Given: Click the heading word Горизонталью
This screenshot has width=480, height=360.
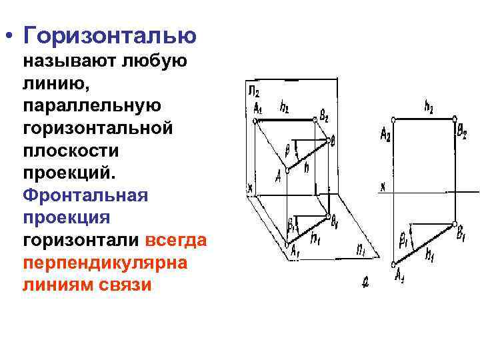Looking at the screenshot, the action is coord(109,35).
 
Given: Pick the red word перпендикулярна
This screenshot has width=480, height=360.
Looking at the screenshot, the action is coord(105,263).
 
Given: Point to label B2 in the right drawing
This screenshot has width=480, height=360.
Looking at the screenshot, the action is coord(461,131).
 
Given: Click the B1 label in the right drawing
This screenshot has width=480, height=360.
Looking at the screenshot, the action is coord(461,233).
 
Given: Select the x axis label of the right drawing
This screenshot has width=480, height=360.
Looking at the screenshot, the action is coord(383,187).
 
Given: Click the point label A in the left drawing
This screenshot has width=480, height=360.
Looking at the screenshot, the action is coord(278,175).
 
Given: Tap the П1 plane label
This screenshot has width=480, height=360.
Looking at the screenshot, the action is coord(360,251).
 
